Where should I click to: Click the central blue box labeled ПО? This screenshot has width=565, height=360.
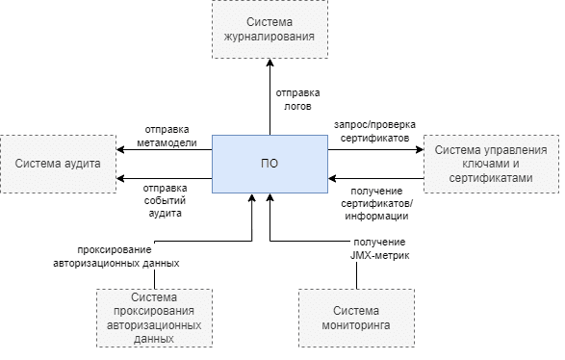tap(270, 164)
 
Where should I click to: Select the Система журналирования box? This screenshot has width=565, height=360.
tap(270, 30)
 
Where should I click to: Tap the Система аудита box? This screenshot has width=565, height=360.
tap(58, 164)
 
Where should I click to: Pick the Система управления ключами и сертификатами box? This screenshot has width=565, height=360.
tap(491, 164)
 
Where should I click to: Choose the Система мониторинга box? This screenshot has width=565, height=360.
tap(356, 319)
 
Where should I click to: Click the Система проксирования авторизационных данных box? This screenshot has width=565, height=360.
tap(155, 319)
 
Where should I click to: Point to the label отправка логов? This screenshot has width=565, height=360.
tap(298, 100)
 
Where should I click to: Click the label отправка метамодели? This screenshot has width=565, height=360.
tap(172, 136)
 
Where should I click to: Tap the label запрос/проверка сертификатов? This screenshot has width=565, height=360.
tap(373, 132)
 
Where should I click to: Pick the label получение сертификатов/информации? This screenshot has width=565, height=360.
tap(376, 203)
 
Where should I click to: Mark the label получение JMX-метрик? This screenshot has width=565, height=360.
tap(378, 247)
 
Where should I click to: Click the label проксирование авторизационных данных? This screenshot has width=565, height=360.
tap(129, 255)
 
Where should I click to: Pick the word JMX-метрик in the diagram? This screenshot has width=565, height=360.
tap(378, 254)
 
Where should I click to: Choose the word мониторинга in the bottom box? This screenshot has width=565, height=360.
tap(356, 325)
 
